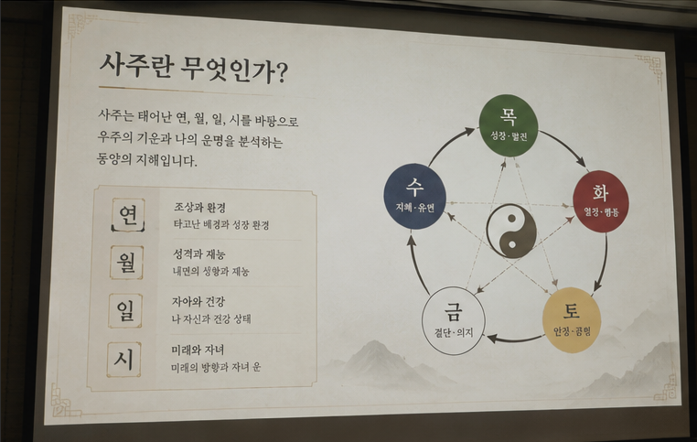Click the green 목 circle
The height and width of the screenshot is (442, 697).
509,125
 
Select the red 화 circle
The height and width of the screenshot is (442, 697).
601,201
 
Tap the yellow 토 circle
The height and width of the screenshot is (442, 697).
572,320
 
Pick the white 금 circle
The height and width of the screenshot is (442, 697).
454,320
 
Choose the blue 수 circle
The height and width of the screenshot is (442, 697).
414,196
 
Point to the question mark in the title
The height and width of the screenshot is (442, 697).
282,73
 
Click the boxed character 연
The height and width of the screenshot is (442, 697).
128,215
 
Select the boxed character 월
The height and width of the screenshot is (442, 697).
127,263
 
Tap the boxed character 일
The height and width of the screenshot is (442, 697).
125,310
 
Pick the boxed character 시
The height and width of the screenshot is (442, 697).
124,360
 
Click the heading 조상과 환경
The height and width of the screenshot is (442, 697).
199,207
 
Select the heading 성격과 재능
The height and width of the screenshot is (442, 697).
198,254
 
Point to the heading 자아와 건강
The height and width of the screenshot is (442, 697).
198,302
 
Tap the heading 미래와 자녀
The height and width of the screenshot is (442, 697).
198,350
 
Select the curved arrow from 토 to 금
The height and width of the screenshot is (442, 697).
516,340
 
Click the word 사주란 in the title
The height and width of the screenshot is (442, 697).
135,67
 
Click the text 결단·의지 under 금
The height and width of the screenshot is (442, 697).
454,332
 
